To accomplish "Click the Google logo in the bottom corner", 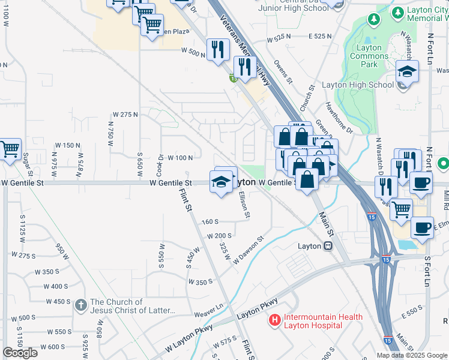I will click(x=20, y=352).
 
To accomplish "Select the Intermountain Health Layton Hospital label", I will click(x=323, y=321).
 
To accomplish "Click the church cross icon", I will click(x=81, y=306).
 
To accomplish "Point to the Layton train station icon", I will click(x=328, y=246).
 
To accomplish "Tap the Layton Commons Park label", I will click(x=369, y=56).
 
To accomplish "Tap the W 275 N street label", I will click(x=125, y=114).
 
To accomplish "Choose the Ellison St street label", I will click(x=244, y=204).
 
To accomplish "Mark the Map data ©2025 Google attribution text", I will click(x=412, y=355).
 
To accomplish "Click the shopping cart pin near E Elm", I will click(x=401, y=209).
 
